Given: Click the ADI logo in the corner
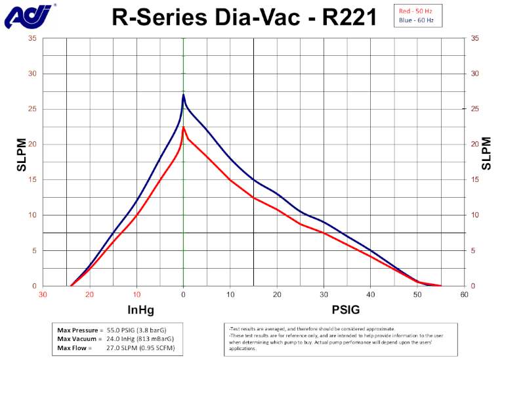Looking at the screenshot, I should pyautogui.click(x=28, y=16).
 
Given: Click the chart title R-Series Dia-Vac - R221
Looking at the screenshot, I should pyautogui.click(x=244, y=17).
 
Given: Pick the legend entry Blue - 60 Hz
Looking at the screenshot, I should pyautogui.click(x=418, y=21).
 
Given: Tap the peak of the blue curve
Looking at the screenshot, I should pyautogui.click(x=183, y=95).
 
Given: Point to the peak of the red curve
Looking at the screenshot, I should pyautogui.click(x=183, y=127).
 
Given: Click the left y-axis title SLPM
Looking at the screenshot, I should pyautogui.click(x=22, y=154).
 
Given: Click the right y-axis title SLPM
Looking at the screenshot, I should pyautogui.click(x=486, y=154).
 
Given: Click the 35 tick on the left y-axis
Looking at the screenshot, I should pyautogui.click(x=32, y=38).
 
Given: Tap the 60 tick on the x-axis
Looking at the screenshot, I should pyautogui.click(x=465, y=294).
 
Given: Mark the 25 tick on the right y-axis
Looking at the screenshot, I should pyautogui.click(x=475, y=109).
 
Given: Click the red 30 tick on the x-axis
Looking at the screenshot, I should pyautogui.click(x=43, y=294).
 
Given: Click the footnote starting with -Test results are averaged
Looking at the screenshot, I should pyautogui.click(x=312, y=328).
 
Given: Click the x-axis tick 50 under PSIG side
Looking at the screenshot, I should pyautogui.click(x=417, y=294).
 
